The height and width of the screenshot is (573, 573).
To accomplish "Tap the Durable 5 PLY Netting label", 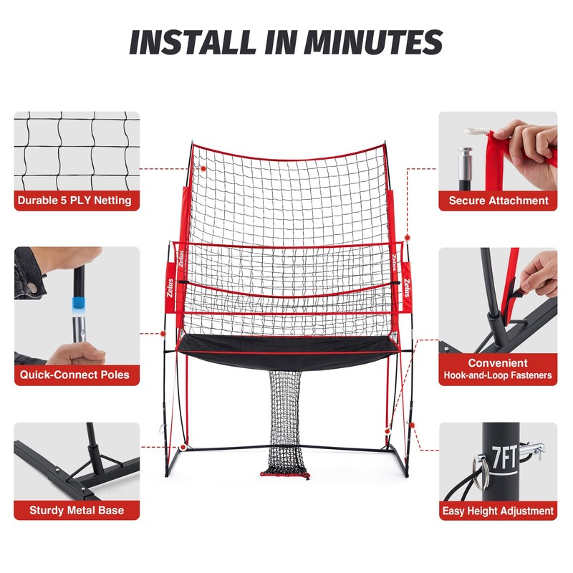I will pyautogui.click(x=74, y=201).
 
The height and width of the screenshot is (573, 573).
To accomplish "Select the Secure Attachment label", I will pyautogui.click(x=499, y=201).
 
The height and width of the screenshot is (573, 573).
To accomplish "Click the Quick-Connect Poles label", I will pyautogui.click(x=74, y=375).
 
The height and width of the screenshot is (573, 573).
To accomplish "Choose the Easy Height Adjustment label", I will pyautogui.click(x=499, y=511).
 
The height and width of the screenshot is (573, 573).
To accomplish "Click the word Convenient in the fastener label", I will pyautogui.click(x=499, y=363).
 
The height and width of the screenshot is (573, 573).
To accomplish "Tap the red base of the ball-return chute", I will pyautogui.click(x=285, y=474).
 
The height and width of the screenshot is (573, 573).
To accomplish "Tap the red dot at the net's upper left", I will pyautogui.click(x=203, y=169).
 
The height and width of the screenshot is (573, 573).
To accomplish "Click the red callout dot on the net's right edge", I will pyautogui.click(x=407, y=236).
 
